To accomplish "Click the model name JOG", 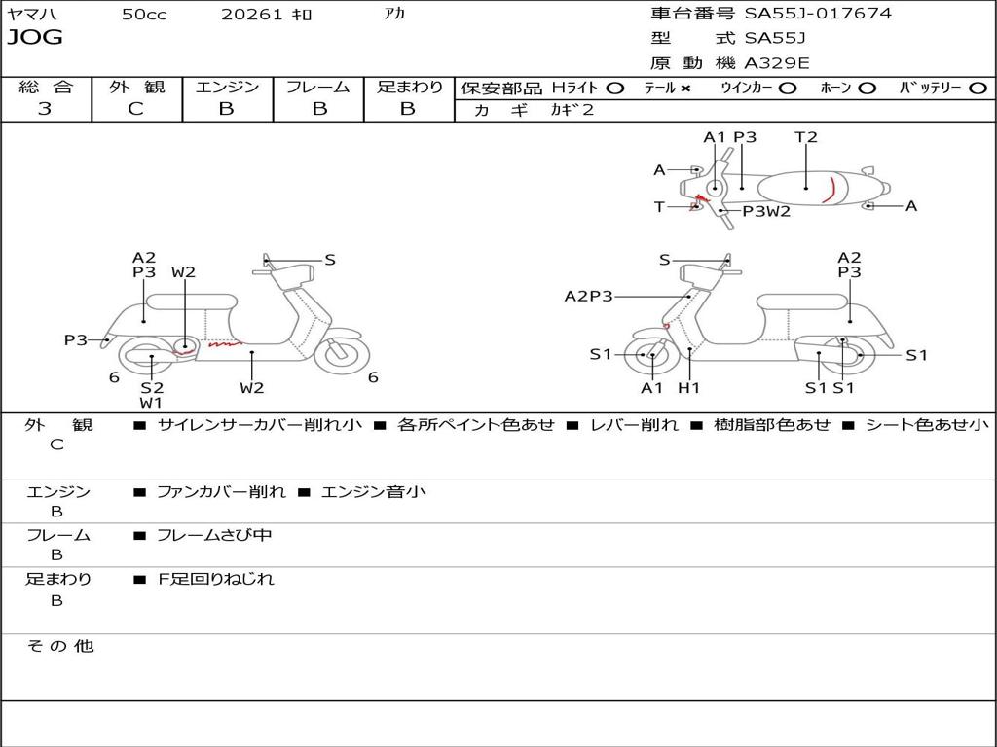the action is (x=35, y=38).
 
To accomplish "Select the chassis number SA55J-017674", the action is (x=818, y=14).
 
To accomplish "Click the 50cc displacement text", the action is (x=144, y=15).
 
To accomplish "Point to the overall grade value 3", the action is (x=45, y=109).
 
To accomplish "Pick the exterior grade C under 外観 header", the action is (x=135, y=109).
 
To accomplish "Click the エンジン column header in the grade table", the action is (x=227, y=87).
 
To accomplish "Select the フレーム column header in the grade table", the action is (x=318, y=87).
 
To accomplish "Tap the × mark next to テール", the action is (x=685, y=88).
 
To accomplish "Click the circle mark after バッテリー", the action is (x=978, y=88).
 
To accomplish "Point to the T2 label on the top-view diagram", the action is (x=806, y=137).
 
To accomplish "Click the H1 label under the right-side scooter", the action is (x=689, y=388).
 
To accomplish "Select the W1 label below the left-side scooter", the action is (x=151, y=402).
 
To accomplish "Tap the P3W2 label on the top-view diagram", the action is (x=766, y=211).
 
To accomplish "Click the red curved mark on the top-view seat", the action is (x=830, y=191).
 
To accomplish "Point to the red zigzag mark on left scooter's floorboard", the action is (x=223, y=343).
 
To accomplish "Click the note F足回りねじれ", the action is (x=216, y=579).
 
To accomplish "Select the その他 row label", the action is (x=59, y=646).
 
